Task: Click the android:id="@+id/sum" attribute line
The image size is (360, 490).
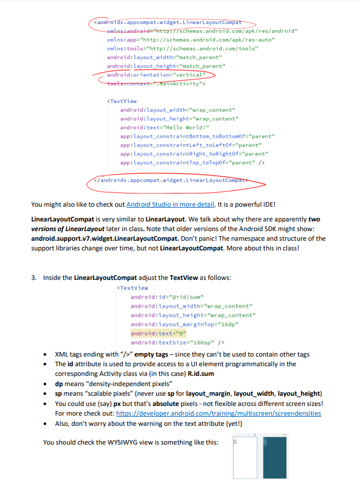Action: [167, 297]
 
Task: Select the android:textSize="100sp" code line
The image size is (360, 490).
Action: [178, 343]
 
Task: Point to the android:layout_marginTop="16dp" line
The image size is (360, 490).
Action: [184, 325]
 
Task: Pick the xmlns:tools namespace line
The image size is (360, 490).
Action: [182, 49]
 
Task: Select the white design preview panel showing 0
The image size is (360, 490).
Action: [245, 458]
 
